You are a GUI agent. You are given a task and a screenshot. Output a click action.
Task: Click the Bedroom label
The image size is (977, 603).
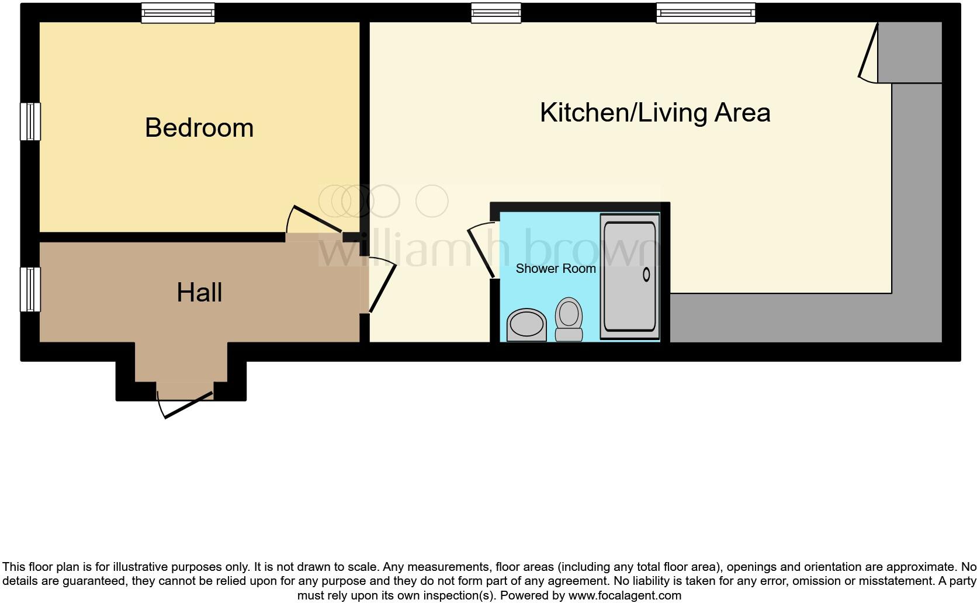point(199,128)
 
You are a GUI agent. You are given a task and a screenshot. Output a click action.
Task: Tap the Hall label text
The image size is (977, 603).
point(199,293)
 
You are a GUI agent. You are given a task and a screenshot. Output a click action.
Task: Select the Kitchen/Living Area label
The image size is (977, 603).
point(654,113)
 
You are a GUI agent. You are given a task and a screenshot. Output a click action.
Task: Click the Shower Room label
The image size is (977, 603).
point(555,269)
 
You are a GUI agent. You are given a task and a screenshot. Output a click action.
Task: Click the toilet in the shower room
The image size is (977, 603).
point(569,318)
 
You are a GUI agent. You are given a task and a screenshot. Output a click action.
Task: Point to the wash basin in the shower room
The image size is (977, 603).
point(526,325)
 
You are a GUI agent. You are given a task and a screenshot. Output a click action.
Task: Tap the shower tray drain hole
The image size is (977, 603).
point(646,274)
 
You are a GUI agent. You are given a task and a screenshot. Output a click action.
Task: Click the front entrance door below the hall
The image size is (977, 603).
point(186,403)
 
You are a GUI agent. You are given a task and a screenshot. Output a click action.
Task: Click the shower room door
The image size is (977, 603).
point(483,251)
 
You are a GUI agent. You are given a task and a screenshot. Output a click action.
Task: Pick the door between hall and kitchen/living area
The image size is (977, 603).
point(382,286)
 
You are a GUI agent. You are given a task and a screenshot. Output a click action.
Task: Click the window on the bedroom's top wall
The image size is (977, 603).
point(178,13)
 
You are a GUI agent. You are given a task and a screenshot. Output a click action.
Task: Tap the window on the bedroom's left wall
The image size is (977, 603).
point(30,122)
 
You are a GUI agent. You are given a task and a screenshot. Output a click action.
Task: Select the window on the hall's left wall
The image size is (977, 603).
point(30,289)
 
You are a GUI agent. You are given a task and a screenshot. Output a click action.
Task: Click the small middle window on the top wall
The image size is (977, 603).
point(496,13)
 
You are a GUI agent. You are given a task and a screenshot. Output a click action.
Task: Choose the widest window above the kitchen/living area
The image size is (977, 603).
point(705,13)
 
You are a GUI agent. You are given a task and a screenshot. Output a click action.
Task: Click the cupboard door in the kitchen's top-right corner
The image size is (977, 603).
point(868,53)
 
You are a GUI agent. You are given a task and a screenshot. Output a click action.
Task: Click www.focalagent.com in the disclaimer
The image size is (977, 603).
point(624,596)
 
